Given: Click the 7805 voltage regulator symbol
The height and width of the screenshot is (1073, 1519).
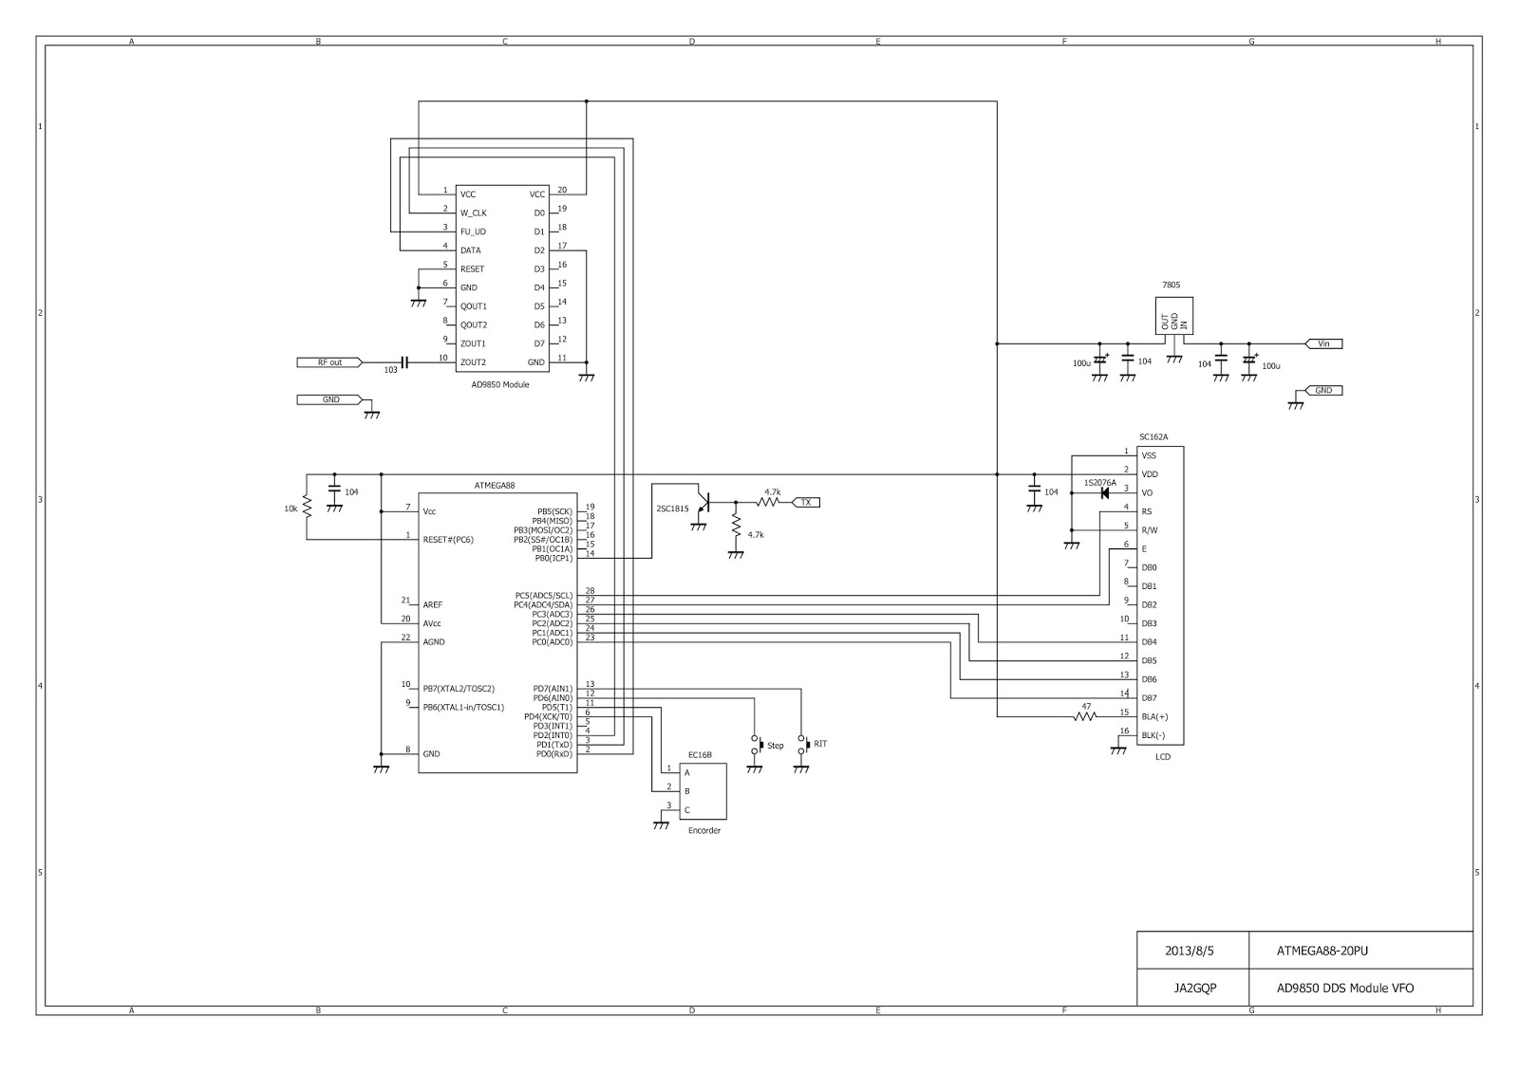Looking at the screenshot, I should pos(1174,315).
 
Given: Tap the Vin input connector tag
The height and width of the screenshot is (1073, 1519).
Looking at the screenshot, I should pos(1323,343).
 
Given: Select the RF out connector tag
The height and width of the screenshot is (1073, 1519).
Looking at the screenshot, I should pos(330,362).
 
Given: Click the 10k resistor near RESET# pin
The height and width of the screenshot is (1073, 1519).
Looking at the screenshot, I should pos(307,508).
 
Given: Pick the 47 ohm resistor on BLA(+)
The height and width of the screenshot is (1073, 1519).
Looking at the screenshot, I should pos(1085,716).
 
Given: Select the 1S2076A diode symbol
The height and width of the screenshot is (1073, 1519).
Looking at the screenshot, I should pos(1104,492).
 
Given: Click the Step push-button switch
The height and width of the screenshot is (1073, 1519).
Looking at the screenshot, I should pos(756,745).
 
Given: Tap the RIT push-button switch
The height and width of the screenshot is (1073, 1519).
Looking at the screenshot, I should pos(802,744).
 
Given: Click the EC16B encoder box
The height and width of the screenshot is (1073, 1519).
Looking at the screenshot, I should pos(703,791).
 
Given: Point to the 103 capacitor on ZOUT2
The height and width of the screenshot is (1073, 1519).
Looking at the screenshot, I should pos(404,362).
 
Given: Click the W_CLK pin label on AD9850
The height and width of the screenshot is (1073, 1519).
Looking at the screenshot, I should pos(473,213).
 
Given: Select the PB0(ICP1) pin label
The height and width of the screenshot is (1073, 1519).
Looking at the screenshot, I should pos(553,559).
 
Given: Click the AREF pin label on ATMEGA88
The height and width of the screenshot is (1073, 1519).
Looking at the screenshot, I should pos(433,604).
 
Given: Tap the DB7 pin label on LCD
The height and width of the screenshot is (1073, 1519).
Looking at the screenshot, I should pos(1149,698).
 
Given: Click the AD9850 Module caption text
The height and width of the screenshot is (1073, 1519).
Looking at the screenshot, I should pos(500,385).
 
